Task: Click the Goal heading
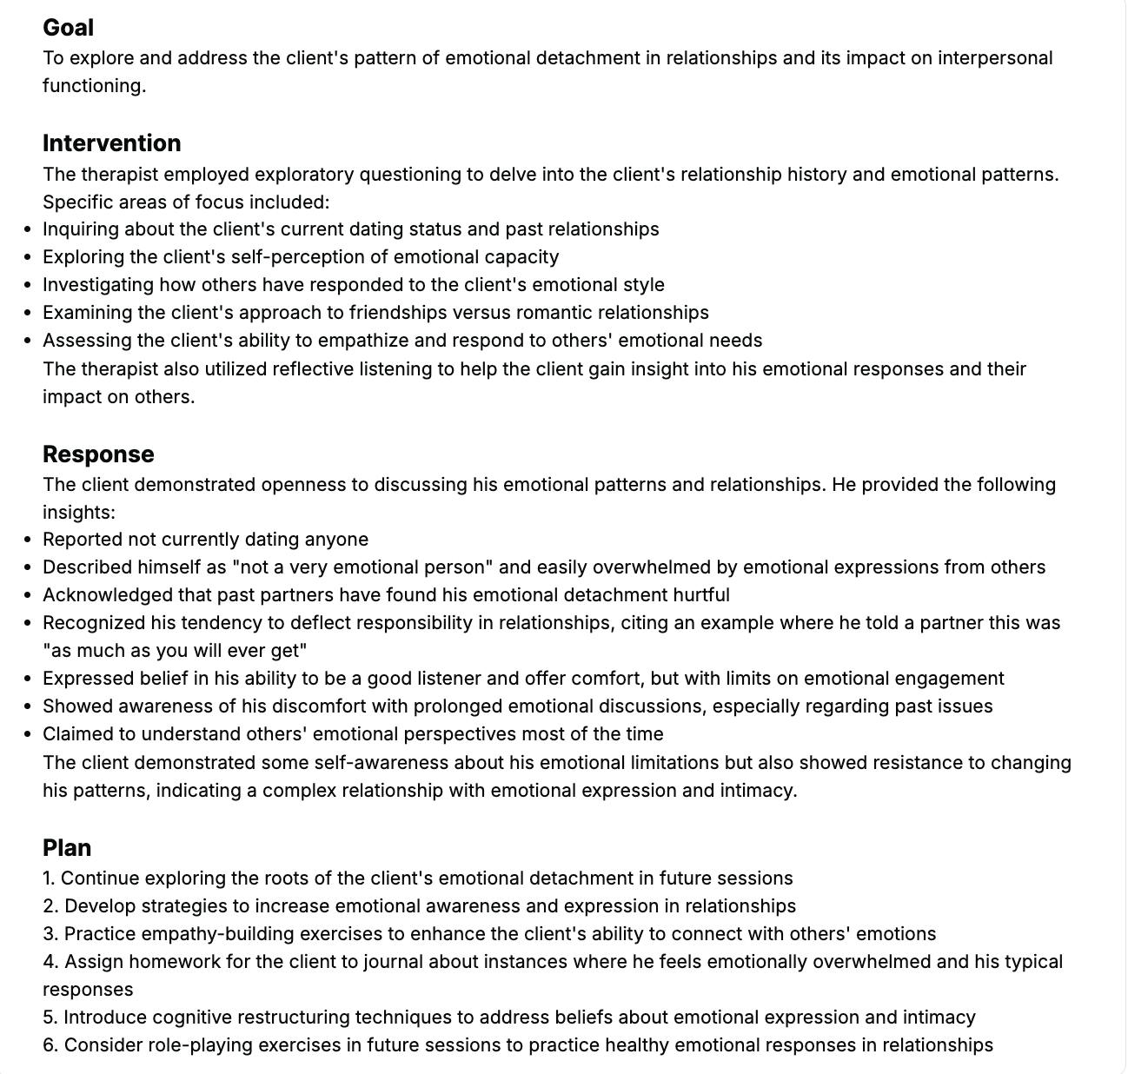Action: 68,28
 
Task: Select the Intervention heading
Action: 111,143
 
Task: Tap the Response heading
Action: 98,454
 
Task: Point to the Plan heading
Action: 67,848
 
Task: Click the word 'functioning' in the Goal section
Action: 93,86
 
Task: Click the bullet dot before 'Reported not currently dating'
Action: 29,540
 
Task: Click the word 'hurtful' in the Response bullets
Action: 701,595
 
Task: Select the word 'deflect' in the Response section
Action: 328,623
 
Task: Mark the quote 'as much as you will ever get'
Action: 175,651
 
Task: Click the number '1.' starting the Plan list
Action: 50,878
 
